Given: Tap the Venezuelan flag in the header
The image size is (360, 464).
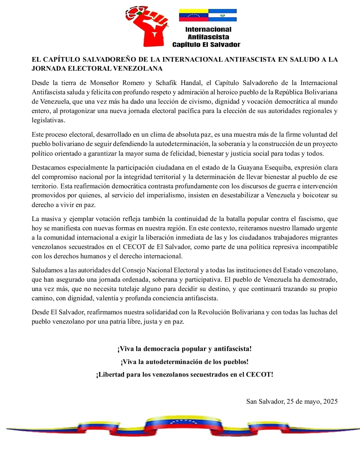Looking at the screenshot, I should (x=193, y=15).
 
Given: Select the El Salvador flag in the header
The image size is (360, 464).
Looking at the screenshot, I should (x=222, y=15).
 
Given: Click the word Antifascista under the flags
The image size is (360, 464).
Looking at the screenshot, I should (x=208, y=37).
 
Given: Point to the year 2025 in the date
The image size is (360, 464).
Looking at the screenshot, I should (x=330, y=402).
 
